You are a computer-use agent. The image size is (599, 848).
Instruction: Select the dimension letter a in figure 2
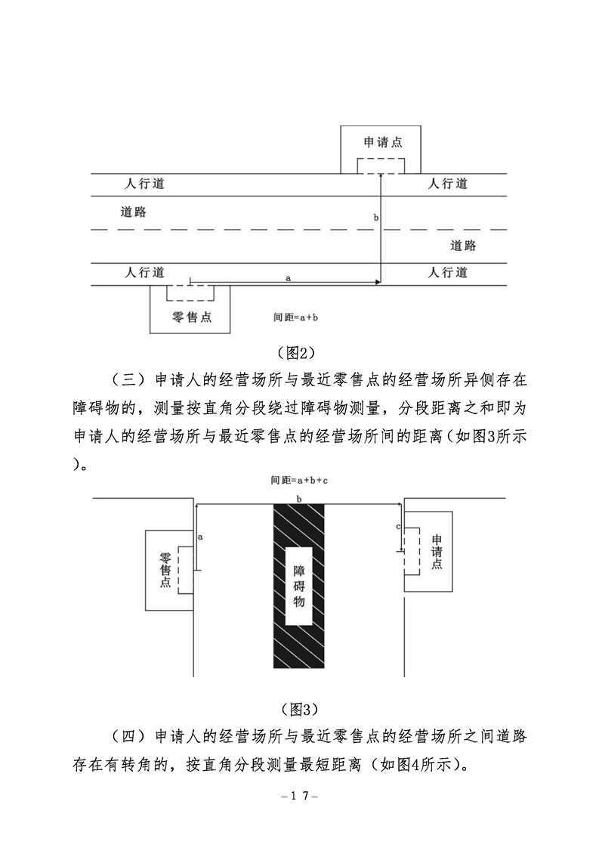(288, 278)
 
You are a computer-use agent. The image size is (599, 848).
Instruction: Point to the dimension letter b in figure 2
(375, 218)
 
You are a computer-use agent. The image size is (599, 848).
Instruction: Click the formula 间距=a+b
(295, 318)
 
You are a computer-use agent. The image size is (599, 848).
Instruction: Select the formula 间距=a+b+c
(300, 480)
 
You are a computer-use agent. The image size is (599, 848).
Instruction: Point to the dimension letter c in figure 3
(398, 525)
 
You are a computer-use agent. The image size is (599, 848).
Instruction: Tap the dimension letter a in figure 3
(200, 536)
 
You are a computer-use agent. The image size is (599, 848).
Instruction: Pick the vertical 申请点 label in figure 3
(437, 551)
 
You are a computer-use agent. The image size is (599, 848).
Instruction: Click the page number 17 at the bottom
(299, 796)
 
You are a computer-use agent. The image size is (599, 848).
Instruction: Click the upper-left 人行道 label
(145, 184)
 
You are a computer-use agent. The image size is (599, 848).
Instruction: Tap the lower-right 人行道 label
(448, 272)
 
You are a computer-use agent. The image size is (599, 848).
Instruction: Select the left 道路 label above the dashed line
(133, 211)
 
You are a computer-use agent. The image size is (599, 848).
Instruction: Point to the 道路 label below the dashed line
(463, 246)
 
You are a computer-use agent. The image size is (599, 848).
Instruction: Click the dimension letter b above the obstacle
(299, 499)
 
